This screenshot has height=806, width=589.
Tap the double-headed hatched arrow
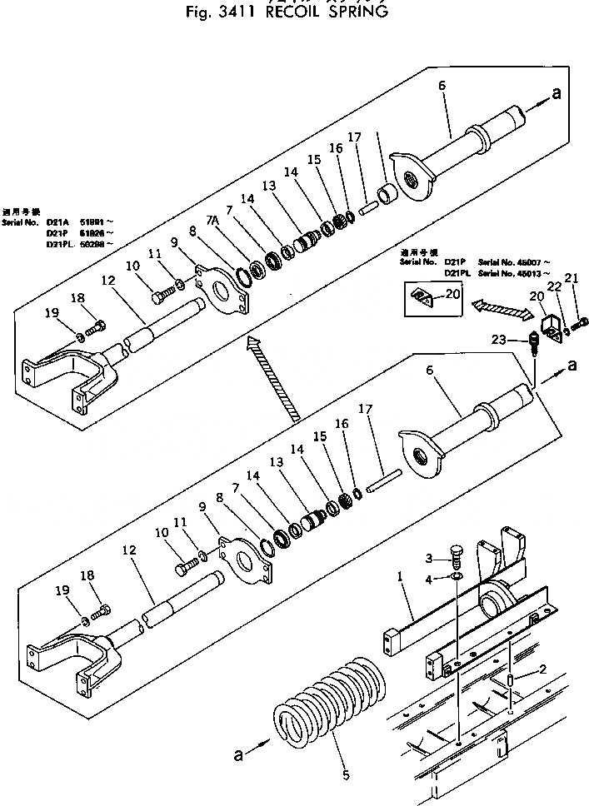[502, 310]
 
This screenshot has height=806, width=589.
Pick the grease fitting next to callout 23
[531, 342]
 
